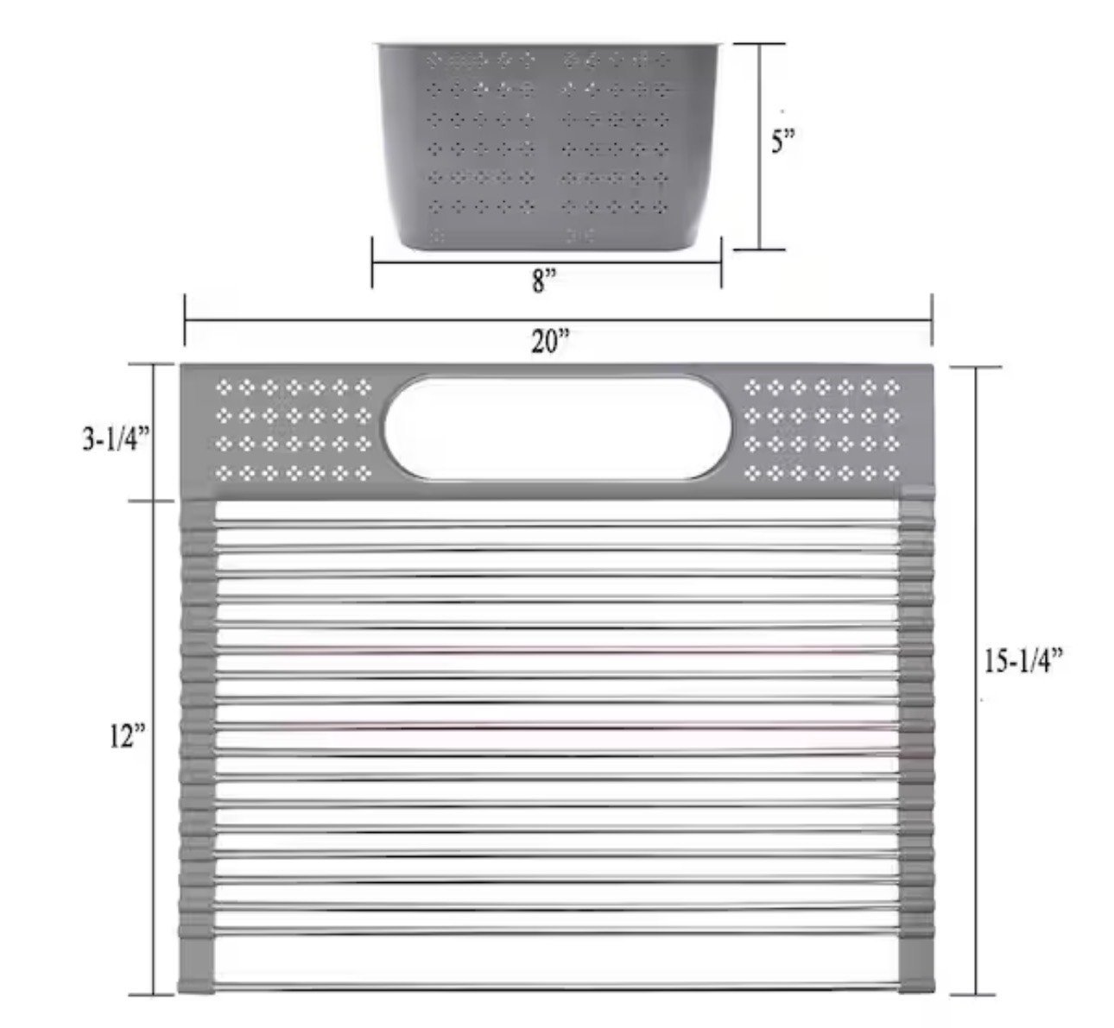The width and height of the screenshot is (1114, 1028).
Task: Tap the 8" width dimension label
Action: [544, 281]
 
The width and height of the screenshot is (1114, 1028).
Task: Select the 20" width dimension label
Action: [551, 341]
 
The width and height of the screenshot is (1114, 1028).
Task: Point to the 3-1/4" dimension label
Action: [117, 439]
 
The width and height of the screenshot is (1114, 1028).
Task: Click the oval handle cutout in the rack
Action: [558, 428]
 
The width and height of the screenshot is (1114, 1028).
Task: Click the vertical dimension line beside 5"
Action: [759, 147]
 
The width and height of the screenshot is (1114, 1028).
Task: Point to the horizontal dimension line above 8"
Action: [547, 262]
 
